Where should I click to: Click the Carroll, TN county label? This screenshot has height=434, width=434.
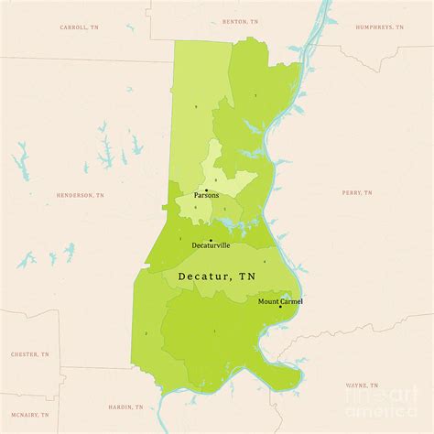pos(79,27)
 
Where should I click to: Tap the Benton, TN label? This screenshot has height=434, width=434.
pos(235,19)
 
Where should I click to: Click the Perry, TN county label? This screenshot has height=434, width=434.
pos(357,193)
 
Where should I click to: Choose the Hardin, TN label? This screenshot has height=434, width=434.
pos(125,406)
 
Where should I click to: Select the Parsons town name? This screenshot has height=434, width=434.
pos(206,195)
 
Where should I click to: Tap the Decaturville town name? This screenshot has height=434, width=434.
pos(211,246)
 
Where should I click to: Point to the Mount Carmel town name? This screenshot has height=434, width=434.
pos(280,301)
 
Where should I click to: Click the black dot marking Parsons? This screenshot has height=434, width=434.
pos(206,190)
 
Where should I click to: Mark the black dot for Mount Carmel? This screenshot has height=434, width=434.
pos(280,307)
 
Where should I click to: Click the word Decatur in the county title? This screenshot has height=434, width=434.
pos(203,275)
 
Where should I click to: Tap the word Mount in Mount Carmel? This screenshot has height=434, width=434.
pos(268,301)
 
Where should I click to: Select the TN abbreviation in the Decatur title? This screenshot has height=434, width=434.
pos(247,275)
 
